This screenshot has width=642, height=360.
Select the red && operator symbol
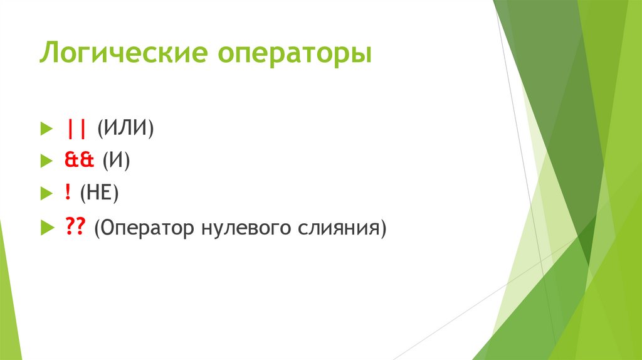coord(78,161)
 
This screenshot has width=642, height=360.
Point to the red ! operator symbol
coord(66,193)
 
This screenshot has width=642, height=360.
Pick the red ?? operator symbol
coord(75,228)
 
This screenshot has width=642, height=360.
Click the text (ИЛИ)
coord(125,129)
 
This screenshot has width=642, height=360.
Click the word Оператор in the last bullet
coord(145,229)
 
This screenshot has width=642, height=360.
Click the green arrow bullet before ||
coord(45,130)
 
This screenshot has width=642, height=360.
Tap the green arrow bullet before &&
coord(45,162)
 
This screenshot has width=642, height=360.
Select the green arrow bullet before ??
coord(45,230)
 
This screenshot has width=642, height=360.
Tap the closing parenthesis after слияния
coord(382,230)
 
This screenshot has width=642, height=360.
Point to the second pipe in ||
coord(83,129)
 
